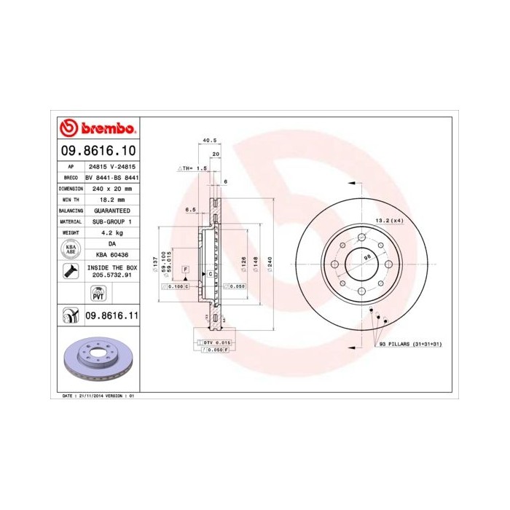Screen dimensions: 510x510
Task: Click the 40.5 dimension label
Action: click(210, 140)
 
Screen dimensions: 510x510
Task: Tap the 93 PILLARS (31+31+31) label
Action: click(412, 343)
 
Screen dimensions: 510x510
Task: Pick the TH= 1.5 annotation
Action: click(192, 168)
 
